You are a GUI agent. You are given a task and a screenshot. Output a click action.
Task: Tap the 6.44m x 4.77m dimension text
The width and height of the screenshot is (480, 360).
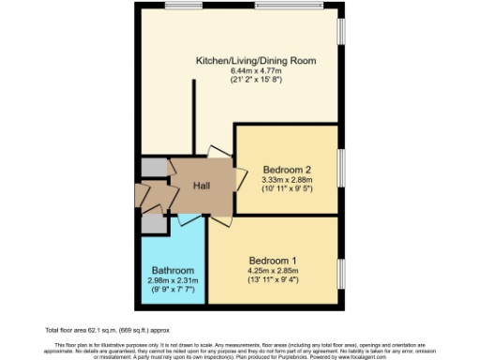[255, 71]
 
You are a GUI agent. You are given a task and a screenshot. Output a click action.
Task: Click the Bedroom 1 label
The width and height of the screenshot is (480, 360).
[273, 260]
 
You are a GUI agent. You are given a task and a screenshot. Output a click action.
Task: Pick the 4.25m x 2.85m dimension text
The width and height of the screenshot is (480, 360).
[273, 271]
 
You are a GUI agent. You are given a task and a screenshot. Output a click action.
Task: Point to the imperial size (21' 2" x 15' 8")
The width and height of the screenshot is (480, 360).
[255, 82]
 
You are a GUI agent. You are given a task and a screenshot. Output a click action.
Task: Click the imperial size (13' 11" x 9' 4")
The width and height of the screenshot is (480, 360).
[273, 281]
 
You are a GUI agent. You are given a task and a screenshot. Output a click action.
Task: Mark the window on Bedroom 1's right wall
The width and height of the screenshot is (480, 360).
[340, 272]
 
